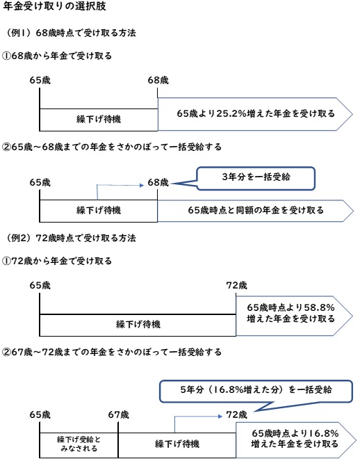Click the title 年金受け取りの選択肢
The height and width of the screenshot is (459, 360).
tap(54, 8)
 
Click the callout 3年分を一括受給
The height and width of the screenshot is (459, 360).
tap(256, 177)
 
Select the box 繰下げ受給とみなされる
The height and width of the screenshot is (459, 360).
tap(79, 442)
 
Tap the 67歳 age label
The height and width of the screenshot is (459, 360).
tap(119, 414)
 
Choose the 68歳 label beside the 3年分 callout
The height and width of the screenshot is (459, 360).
tap(158, 182)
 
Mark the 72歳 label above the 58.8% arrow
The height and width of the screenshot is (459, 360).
tap(237, 285)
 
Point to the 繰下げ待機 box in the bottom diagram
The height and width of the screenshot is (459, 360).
tap(177, 442)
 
